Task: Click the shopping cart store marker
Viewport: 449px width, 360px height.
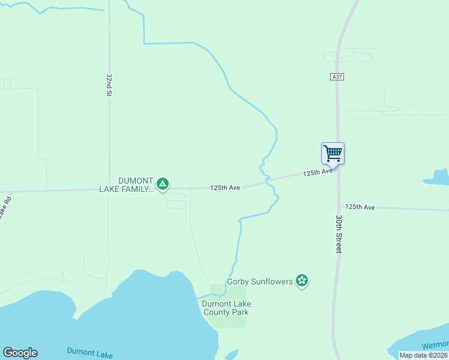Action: [x=333, y=153]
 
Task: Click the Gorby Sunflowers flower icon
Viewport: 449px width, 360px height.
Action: [x=302, y=280]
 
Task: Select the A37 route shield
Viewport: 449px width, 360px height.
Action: [x=337, y=77]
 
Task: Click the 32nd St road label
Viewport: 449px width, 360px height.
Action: [x=109, y=85]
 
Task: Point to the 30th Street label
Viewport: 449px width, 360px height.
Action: [x=339, y=234]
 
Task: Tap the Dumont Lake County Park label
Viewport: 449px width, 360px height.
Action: [x=226, y=308]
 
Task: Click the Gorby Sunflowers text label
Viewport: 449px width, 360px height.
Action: [x=259, y=281]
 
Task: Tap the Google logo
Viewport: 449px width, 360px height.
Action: [x=20, y=353]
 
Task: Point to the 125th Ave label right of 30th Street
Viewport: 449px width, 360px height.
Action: [x=360, y=207]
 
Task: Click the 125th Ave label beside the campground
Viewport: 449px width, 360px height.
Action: [x=225, y=188]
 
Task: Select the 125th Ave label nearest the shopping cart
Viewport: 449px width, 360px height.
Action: [x=318, y=172]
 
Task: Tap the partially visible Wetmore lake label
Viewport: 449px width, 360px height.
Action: [x=435, y=345]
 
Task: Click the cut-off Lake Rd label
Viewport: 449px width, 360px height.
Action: [x=4, y=208]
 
